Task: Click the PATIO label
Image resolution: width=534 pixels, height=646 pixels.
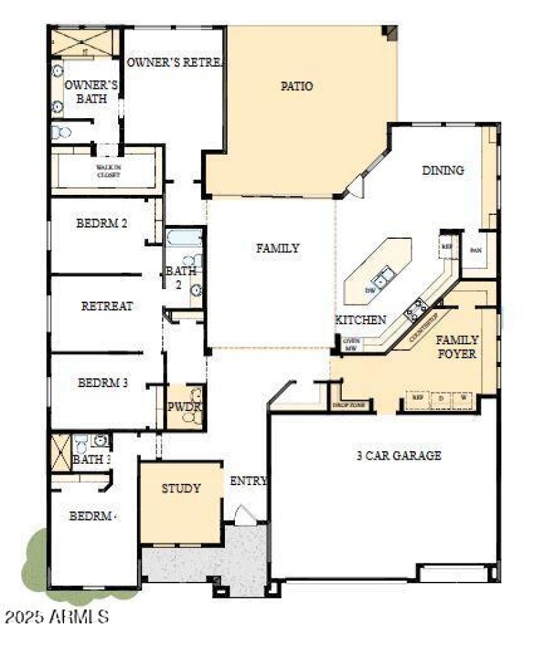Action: (x=297, y=86)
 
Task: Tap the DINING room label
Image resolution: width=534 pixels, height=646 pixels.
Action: (x=443, y=170)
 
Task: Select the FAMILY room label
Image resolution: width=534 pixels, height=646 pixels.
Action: (x=278, y=248)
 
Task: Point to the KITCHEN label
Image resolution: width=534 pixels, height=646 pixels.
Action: (x=360, y=320)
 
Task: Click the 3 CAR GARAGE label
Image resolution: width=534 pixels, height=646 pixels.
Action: (x=398, y=456)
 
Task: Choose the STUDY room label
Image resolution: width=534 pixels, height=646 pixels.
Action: (x=181, y=489)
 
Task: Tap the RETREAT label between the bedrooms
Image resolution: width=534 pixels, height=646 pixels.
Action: (x=107, y=306)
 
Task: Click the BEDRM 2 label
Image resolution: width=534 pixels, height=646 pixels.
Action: (x=101, y=224)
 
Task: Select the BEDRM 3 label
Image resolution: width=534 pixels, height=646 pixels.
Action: (x=103, y=383)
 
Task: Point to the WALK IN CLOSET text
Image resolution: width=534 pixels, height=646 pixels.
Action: (x=107, y=171)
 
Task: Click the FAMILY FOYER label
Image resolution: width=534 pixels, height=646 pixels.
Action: (x=457, y=346)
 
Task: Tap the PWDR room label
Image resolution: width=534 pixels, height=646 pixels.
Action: (x=184, y=406)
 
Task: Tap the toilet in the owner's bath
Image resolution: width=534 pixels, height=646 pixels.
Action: (x=61, y=132)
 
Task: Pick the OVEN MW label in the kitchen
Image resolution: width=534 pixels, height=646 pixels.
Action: (x=352, y=344)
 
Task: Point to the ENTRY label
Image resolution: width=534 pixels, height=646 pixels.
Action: (x=249, y=481)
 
